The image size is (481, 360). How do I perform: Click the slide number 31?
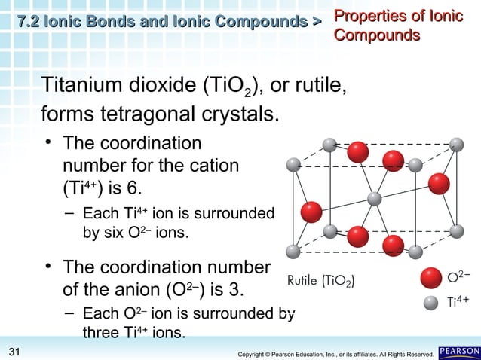pyautogui.click(x=14, y=351)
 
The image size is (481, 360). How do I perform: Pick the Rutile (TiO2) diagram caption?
pyautogui.click(x=322, y=282)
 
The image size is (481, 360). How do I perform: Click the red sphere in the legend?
pyautogui.click(x=432, y=277)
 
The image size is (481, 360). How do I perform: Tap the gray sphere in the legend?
pyautogui.click(x=431, y=304)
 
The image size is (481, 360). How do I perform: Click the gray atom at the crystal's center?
pyautogui.click(x=373, y=199)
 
